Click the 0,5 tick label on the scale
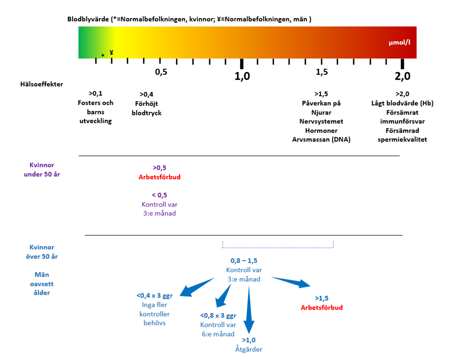coord(161,72)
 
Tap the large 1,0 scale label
coord(242,76)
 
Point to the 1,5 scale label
coord(322,72)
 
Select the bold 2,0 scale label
coord(402,76)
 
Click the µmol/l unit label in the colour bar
coord(399,43)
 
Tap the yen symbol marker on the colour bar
coord(112,53)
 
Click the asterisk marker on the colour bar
coord(102,56)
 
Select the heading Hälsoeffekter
coord(42,84)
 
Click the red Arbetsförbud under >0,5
coord(159,177)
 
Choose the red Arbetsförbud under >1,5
coord(322,307)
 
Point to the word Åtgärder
coord(249,349)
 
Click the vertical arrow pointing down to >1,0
coord(249,310)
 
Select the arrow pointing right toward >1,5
coord(291,282)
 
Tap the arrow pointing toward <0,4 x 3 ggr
coord(197,287)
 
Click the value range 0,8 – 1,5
coord(244,261)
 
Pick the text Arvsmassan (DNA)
coord(321,140)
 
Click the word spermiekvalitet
coord(402,140)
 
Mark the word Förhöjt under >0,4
coord(146,104)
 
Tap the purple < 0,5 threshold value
coord(159,195)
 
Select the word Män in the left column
coord(42,274)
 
